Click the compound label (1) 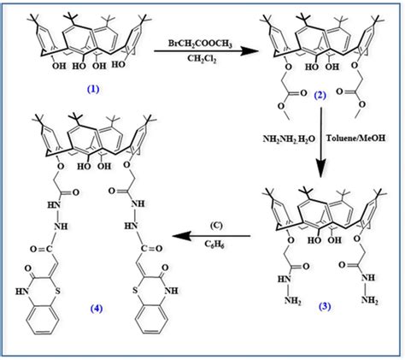pos(93,90)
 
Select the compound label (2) pos(320,95)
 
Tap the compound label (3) pos(325,306)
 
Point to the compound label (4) pos(96,309)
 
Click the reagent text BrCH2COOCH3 pos(200,44)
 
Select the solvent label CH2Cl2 pos(202,59)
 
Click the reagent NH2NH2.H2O pos(288,139)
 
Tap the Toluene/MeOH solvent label pos(355,139)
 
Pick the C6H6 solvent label pos(214,245)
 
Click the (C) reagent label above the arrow pos(216,226)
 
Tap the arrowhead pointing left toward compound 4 pos(181,236)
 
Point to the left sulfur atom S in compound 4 pos(58,292)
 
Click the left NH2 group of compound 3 pos(292,301)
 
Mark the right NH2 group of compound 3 pos(370,300)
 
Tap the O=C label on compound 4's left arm pos(41,250)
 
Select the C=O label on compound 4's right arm pos(151,249)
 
